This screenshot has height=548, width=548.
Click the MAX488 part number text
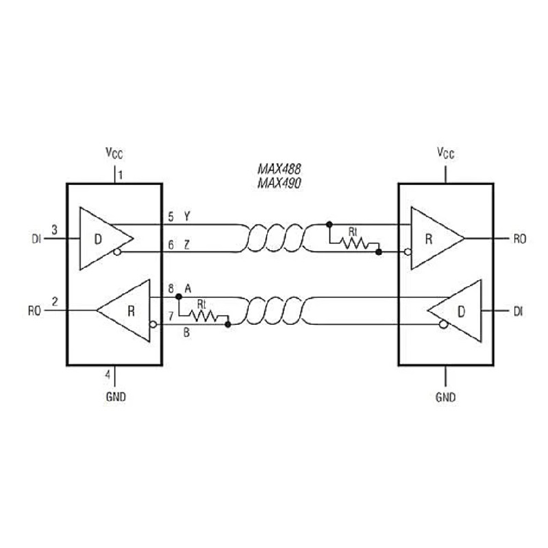click(279, 169)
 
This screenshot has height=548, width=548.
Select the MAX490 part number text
click(279, 183)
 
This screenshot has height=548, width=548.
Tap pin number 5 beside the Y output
click(171, 216)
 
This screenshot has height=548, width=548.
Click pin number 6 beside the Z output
click(171, 245)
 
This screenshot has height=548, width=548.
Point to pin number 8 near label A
click(171, 288)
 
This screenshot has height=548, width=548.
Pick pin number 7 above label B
click(171, 316)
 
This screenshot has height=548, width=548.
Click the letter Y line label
click(187, 216)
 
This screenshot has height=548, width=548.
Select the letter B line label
click(186, 332)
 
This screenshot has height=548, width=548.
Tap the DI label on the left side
click(36, 239)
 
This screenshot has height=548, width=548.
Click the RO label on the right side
click(520, 239)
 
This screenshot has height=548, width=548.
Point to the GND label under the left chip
click(116, 397)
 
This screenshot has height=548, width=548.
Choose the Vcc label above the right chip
click(446, 153)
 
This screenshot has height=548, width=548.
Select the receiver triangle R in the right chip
click(438, 238)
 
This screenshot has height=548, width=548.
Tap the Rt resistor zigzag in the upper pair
click(356, 243)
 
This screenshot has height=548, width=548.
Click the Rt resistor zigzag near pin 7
click(203, 316)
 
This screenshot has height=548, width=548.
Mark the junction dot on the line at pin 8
click(179, 297)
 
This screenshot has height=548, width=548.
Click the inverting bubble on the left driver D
click(117, 251)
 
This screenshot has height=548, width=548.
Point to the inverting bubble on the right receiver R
click(408, 251)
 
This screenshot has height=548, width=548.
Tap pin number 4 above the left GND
click(108, 374)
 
